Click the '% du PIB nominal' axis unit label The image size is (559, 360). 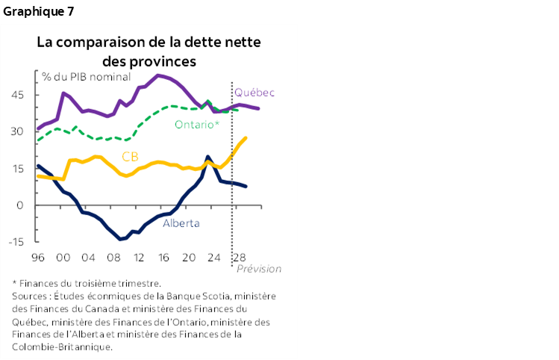coord(87,77)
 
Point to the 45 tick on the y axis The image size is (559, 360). coord(18,95)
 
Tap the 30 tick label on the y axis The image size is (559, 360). coord(18,131)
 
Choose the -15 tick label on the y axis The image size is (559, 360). coord(16,242)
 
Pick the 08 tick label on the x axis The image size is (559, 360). coord(113,258)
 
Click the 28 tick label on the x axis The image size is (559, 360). coord(240,258)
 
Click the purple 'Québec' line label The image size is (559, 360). coord(254,93)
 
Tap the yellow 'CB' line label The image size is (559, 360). coord(130,156)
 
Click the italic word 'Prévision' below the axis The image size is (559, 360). coord(260,269)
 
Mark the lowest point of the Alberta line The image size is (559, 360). coord(120,239)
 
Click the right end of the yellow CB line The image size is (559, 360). coord(247,138)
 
